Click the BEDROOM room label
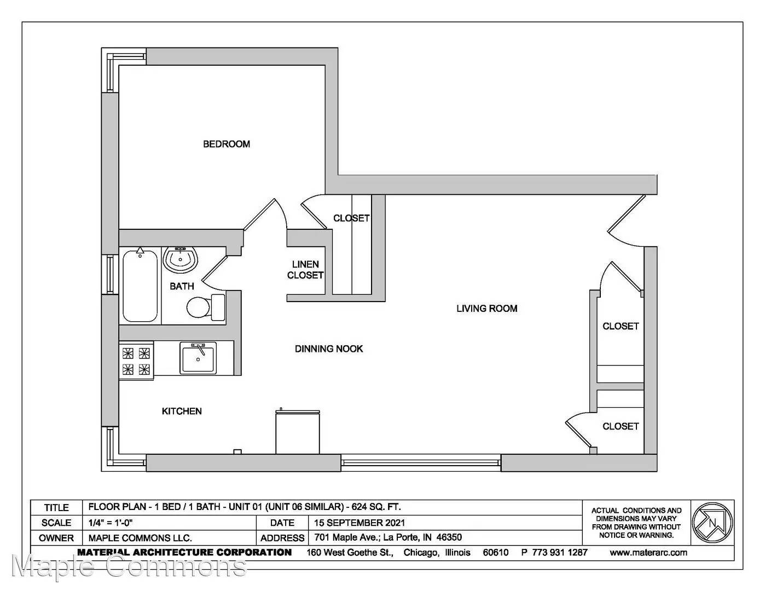tap(227, 144)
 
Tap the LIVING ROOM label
tap(487, 309)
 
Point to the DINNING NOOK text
tap(329, 349)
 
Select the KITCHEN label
tap(182, 411)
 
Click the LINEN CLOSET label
tap(305, 270)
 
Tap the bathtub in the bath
tap(140, 285)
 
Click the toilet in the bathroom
tap(206, 308)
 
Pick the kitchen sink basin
tap(198, 358)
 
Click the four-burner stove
tap(136, 361)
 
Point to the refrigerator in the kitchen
tap(298, 431)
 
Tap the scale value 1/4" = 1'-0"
tap(111, 523)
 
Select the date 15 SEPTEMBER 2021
tap(360, 523)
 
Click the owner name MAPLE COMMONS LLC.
tap(140, 538)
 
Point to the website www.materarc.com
tap(648, 553)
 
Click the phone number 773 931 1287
tap(560, 552)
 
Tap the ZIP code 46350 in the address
tap(449, 537)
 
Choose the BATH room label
tap(182, 286)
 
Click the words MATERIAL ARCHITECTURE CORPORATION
tap(184, 552)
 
